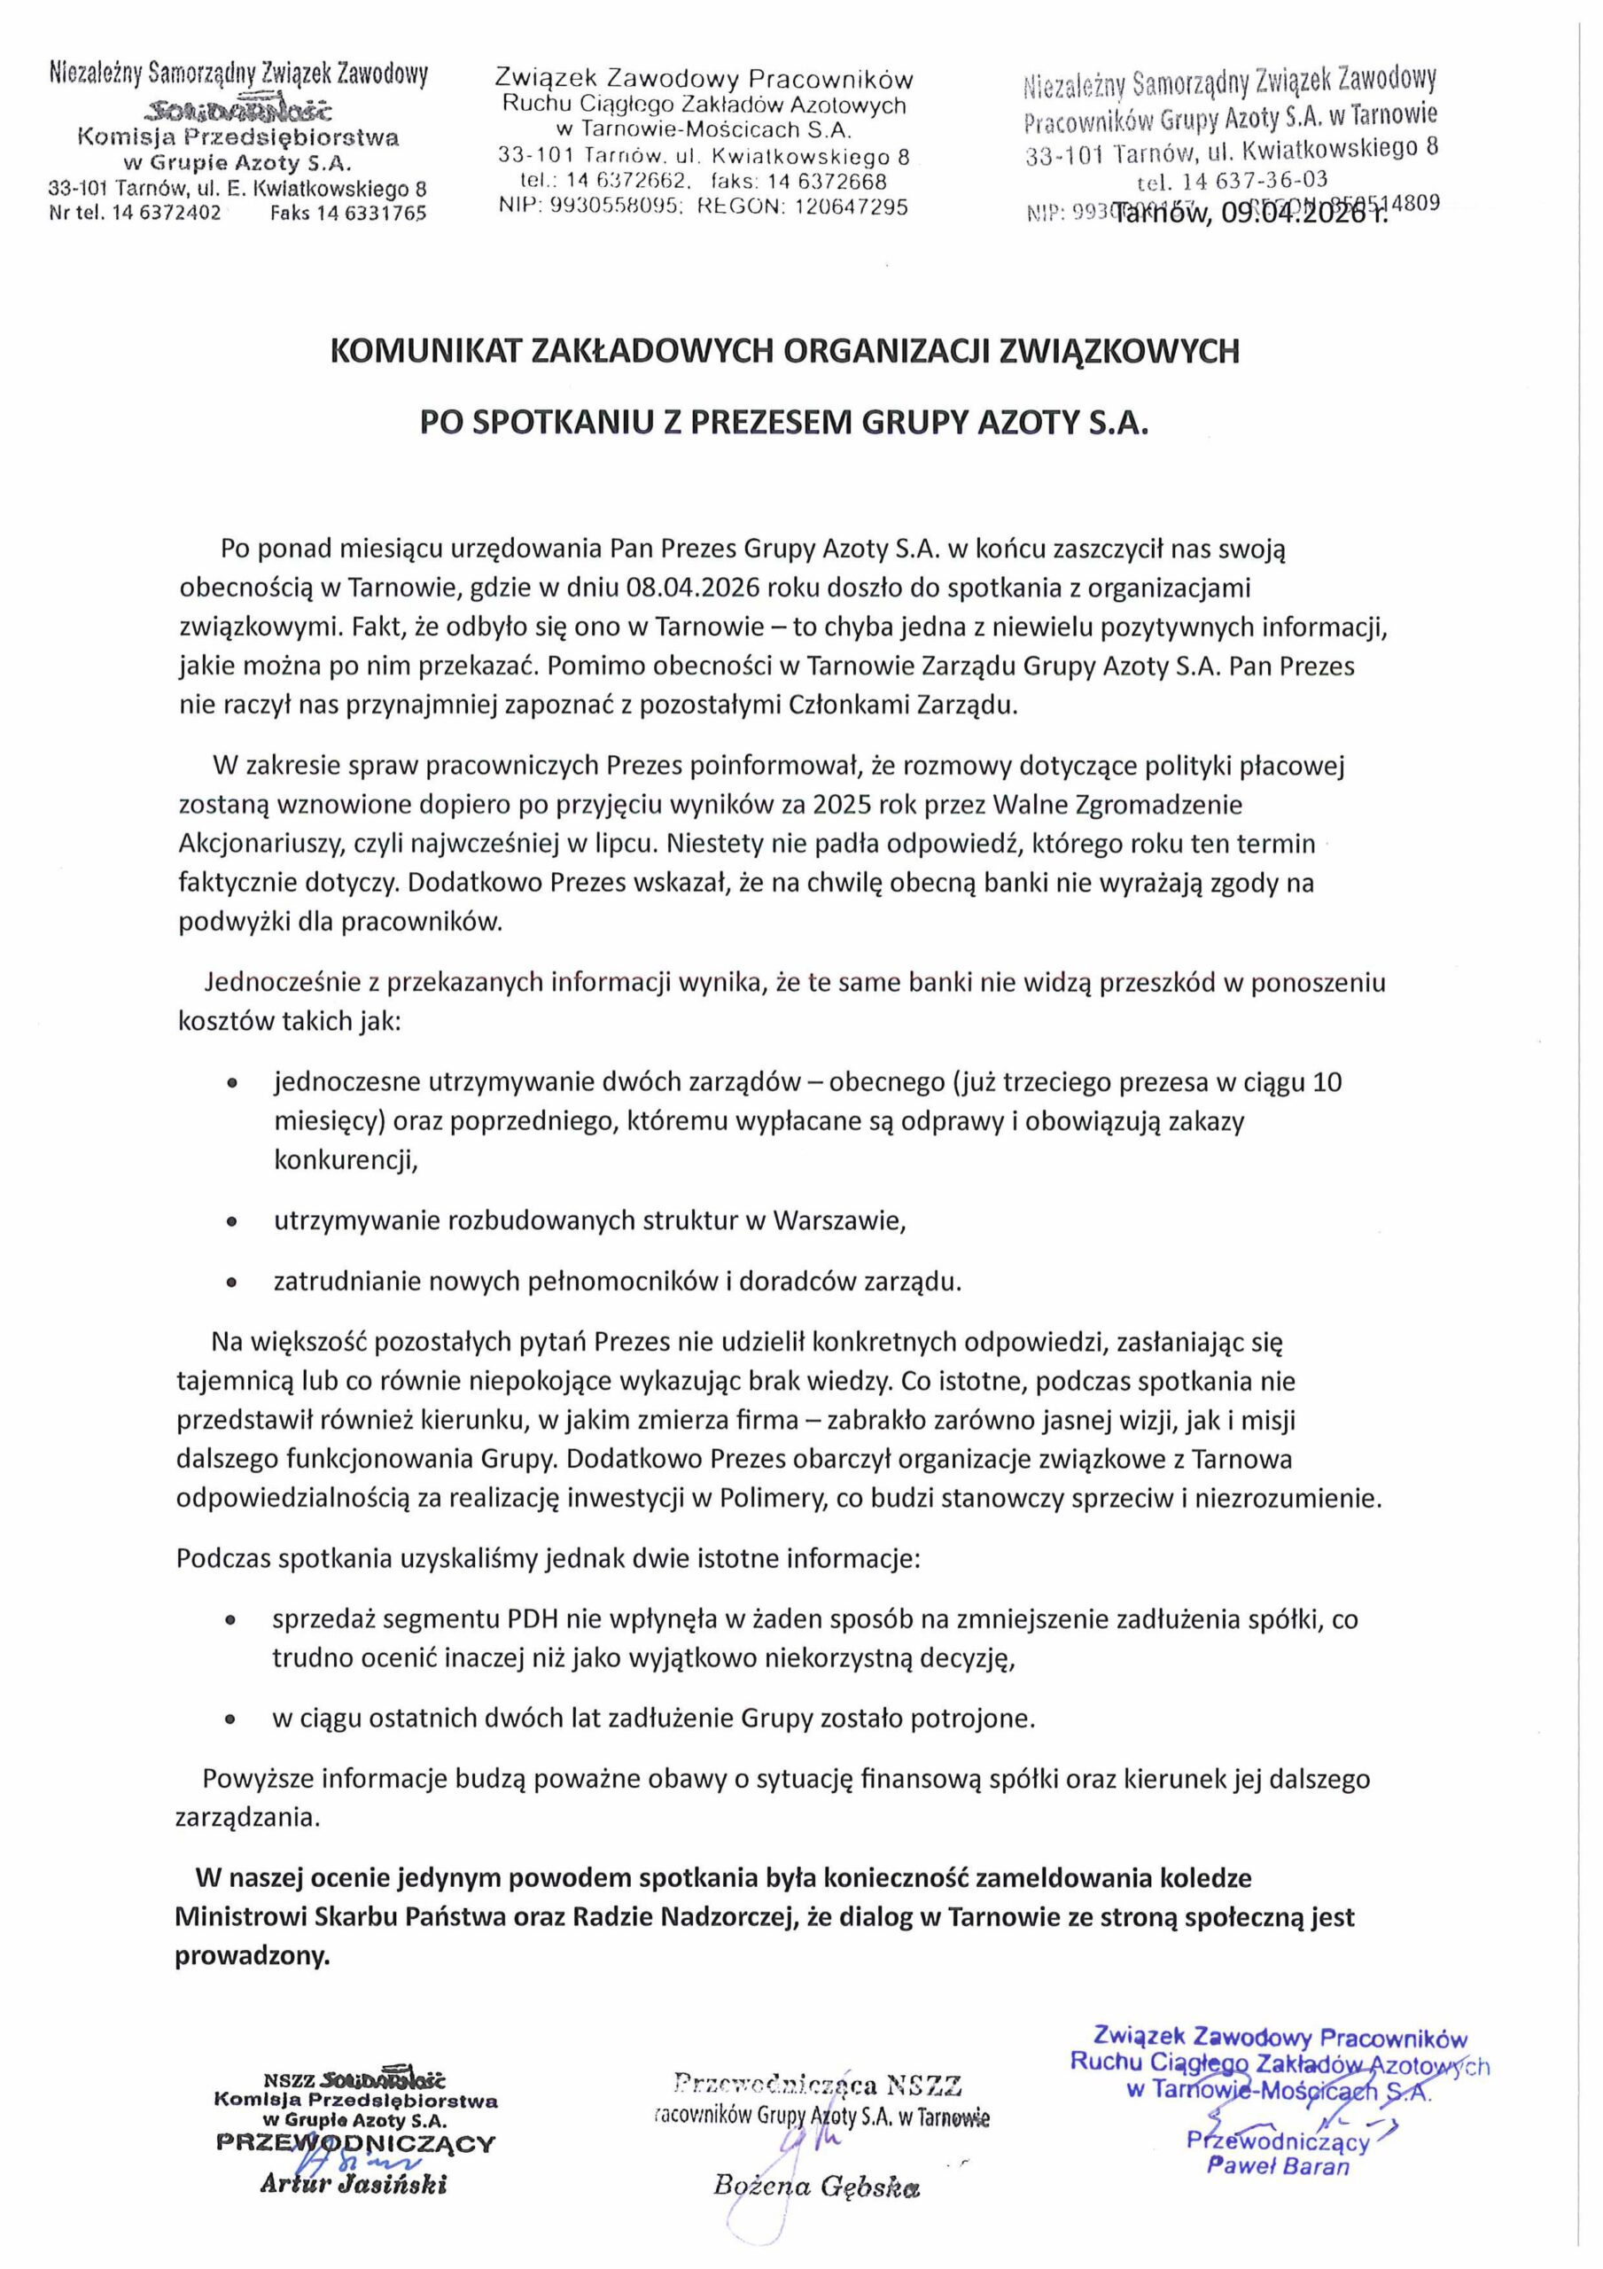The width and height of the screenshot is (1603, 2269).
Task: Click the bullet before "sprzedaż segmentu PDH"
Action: pyautogui.click(x=231, y=1622)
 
